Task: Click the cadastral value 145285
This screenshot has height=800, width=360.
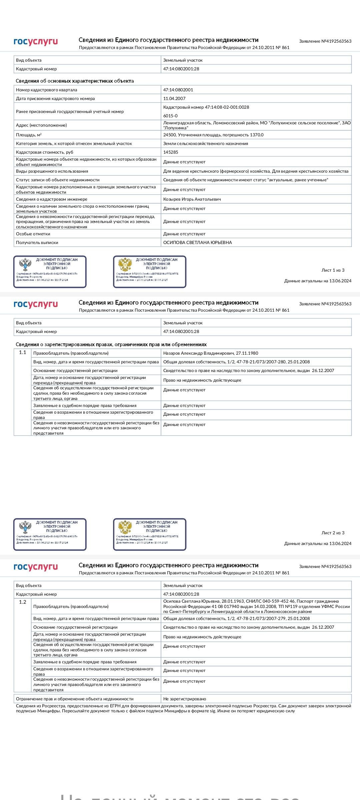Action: (x=171, y=152)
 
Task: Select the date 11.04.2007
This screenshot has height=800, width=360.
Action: (x=174, y=99)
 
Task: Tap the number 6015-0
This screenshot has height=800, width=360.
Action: (x=170, y=116)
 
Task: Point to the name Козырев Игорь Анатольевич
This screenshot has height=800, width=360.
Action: (x=192, y=199)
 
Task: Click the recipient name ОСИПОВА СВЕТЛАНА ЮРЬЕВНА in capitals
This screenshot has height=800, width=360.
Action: (x=197, y=243)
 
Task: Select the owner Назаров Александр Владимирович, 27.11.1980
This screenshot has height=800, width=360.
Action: (x=211, y=353)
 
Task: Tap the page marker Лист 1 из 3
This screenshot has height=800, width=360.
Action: (x=333, y=270)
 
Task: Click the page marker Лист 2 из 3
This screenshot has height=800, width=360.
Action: (x=333, y=533)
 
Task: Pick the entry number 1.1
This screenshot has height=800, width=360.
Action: (x=22, y=352)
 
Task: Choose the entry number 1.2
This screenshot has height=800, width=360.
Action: (x=22, y=602)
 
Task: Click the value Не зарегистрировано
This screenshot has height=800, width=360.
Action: (x=185, y=699)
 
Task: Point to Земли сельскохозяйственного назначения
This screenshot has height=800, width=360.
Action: (x=206, y=144)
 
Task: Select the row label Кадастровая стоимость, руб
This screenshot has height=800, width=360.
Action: (x=45, y=152)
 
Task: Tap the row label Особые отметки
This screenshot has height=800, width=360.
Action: (x=33, y=234)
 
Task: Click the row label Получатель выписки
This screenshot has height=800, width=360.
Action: (x=37, y=243)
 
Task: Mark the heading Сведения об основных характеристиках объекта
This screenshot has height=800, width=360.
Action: (x=75, y=81)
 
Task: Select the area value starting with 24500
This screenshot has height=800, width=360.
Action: (x=213, y=135)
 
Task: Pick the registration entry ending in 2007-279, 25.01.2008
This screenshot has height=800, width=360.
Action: (x=236, y=619)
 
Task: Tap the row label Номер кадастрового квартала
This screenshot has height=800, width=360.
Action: (x=46, y=90)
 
